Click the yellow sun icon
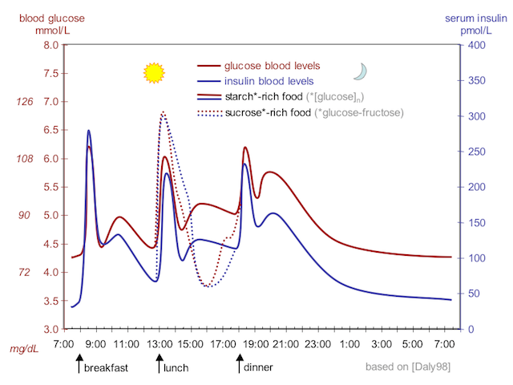click(x=153, y=73)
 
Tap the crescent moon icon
click(x=362, y=72)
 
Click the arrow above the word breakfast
click(x=79, y=365)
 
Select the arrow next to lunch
click(x=159, y=365)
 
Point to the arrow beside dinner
click(x=239, y=365)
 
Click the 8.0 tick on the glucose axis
click(x=50, y=45)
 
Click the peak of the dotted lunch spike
click(x=164, y=112)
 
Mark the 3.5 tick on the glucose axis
click(x=50, y=301)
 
